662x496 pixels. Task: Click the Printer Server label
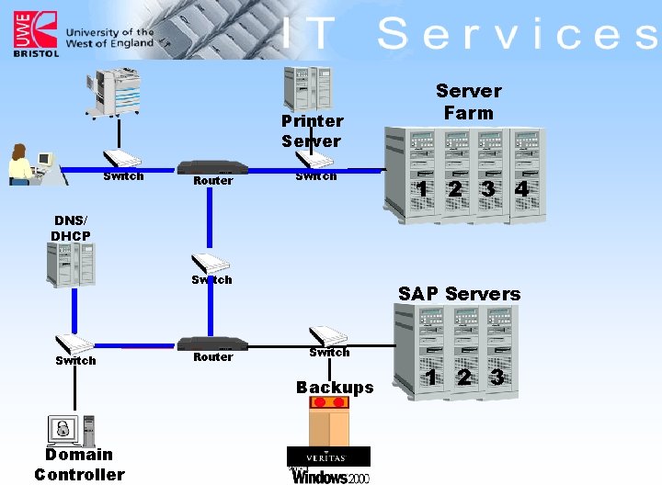pyautogui.click(x=312, y=131)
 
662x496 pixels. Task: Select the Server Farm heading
pyautogui.click(x=468, y=102)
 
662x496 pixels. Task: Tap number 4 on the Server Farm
pyautogui.click(x=522, y=188)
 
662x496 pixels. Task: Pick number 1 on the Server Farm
pyautogui.click(x=421, y=188)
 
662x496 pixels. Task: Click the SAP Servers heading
pyautogui.click(x=459, y=294)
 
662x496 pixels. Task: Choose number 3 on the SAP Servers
pyautogui.click(x=496, y=378)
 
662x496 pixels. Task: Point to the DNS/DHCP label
pyautogui.click(x=72, y=229)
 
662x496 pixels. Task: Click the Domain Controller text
pyautogui.click(x=79, y=465)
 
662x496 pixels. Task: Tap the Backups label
pyautogui.click(x=335, y=388)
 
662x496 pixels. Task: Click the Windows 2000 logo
pyautogui.click(x=330, y=477)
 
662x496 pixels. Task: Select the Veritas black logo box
pyautogui.click(x=328, y=457)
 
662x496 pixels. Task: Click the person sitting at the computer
pyautogui.click(x=20, y=165)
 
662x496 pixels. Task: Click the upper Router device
pyautogui.click(x=212, y=168)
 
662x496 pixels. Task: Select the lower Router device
pyautogui.click(x=212, y=344)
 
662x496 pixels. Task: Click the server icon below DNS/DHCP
pyautogui.click(x=72, y=265)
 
